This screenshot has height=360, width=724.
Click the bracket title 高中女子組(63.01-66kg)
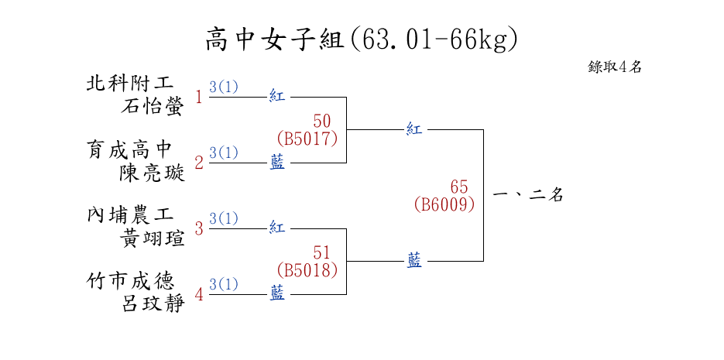click(361, 39)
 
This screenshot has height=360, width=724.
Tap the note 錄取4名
click(615, 67)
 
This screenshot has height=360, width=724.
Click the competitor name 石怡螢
click(153, 107)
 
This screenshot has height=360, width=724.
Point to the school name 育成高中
click(129, 149)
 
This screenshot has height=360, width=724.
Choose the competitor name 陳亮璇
click(153, 173)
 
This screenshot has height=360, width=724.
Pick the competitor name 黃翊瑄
click(153, 238)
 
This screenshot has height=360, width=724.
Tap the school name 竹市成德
click(129, 281)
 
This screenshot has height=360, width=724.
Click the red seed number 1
click(199, 98)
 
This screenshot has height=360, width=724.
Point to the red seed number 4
click(199, 295)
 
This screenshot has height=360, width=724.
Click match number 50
click(322, 121)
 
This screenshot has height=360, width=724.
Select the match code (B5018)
click(307, 270)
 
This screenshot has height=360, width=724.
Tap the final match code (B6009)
click(444, 204)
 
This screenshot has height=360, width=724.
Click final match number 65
click(459, 187)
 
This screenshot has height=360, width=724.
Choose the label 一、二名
click(527, 195)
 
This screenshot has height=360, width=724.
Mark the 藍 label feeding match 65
click(414, 262)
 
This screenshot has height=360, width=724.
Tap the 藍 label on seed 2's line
click(277, 163)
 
